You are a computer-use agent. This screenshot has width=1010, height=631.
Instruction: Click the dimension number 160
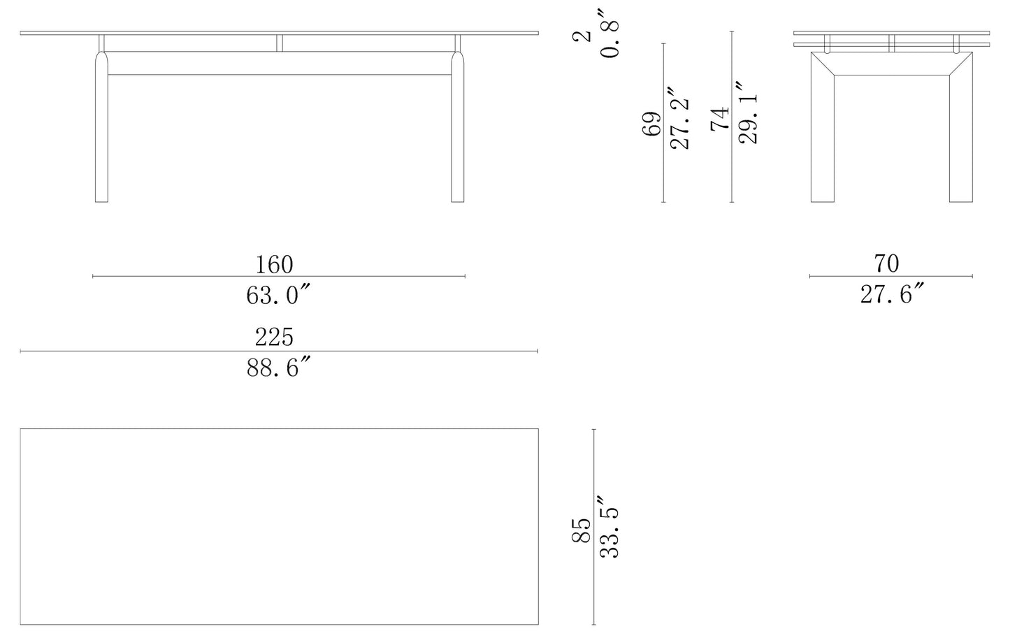(x=274, y=265)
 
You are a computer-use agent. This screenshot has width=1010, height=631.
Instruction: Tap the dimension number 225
(x=274, y=338)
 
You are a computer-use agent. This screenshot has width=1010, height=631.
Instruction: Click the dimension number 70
(x=886, y=264)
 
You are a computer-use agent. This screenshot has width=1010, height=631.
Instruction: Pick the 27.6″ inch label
(x=892, y=295)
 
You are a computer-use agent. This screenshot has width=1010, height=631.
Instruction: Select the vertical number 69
(x=651, y=124)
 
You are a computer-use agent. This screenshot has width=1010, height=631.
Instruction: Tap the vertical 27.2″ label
(x=680, y=119)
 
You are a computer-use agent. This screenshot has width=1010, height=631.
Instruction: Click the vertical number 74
(x=719, y=119)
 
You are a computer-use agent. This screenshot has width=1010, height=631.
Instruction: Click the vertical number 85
(x=582, y=530)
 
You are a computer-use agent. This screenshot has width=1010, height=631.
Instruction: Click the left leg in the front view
(x=101, y=133)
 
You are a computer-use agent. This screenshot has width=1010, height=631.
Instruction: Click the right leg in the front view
(x=457, y=133)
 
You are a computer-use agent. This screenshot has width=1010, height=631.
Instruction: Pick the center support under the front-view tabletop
(x=280, y=43)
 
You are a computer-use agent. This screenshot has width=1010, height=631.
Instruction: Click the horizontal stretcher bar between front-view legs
(x=280, y=73)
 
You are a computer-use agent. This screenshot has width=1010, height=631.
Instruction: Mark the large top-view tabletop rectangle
(x=280, y=526)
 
